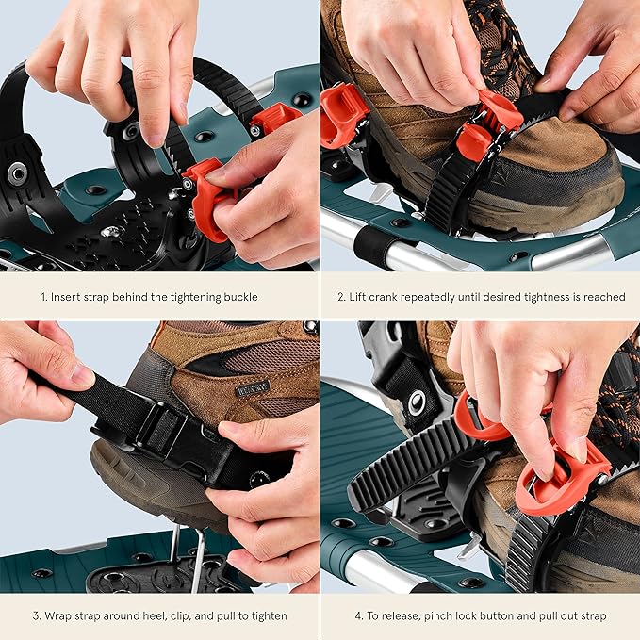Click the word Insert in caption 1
69,297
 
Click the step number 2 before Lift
340,297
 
